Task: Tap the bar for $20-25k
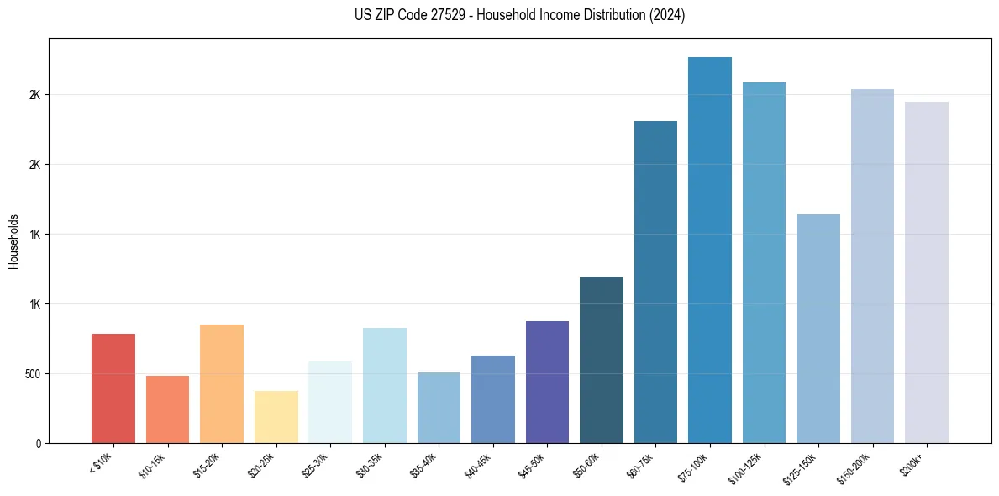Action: (276, 417)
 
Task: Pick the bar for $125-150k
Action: (818, 329)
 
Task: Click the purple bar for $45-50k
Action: (547, 382)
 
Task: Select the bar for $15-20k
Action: (222, 383)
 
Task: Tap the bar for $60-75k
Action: (655, 282)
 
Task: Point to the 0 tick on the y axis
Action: (39, 443)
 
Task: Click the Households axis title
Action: (13, 240)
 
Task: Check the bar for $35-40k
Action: (439, 408)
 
